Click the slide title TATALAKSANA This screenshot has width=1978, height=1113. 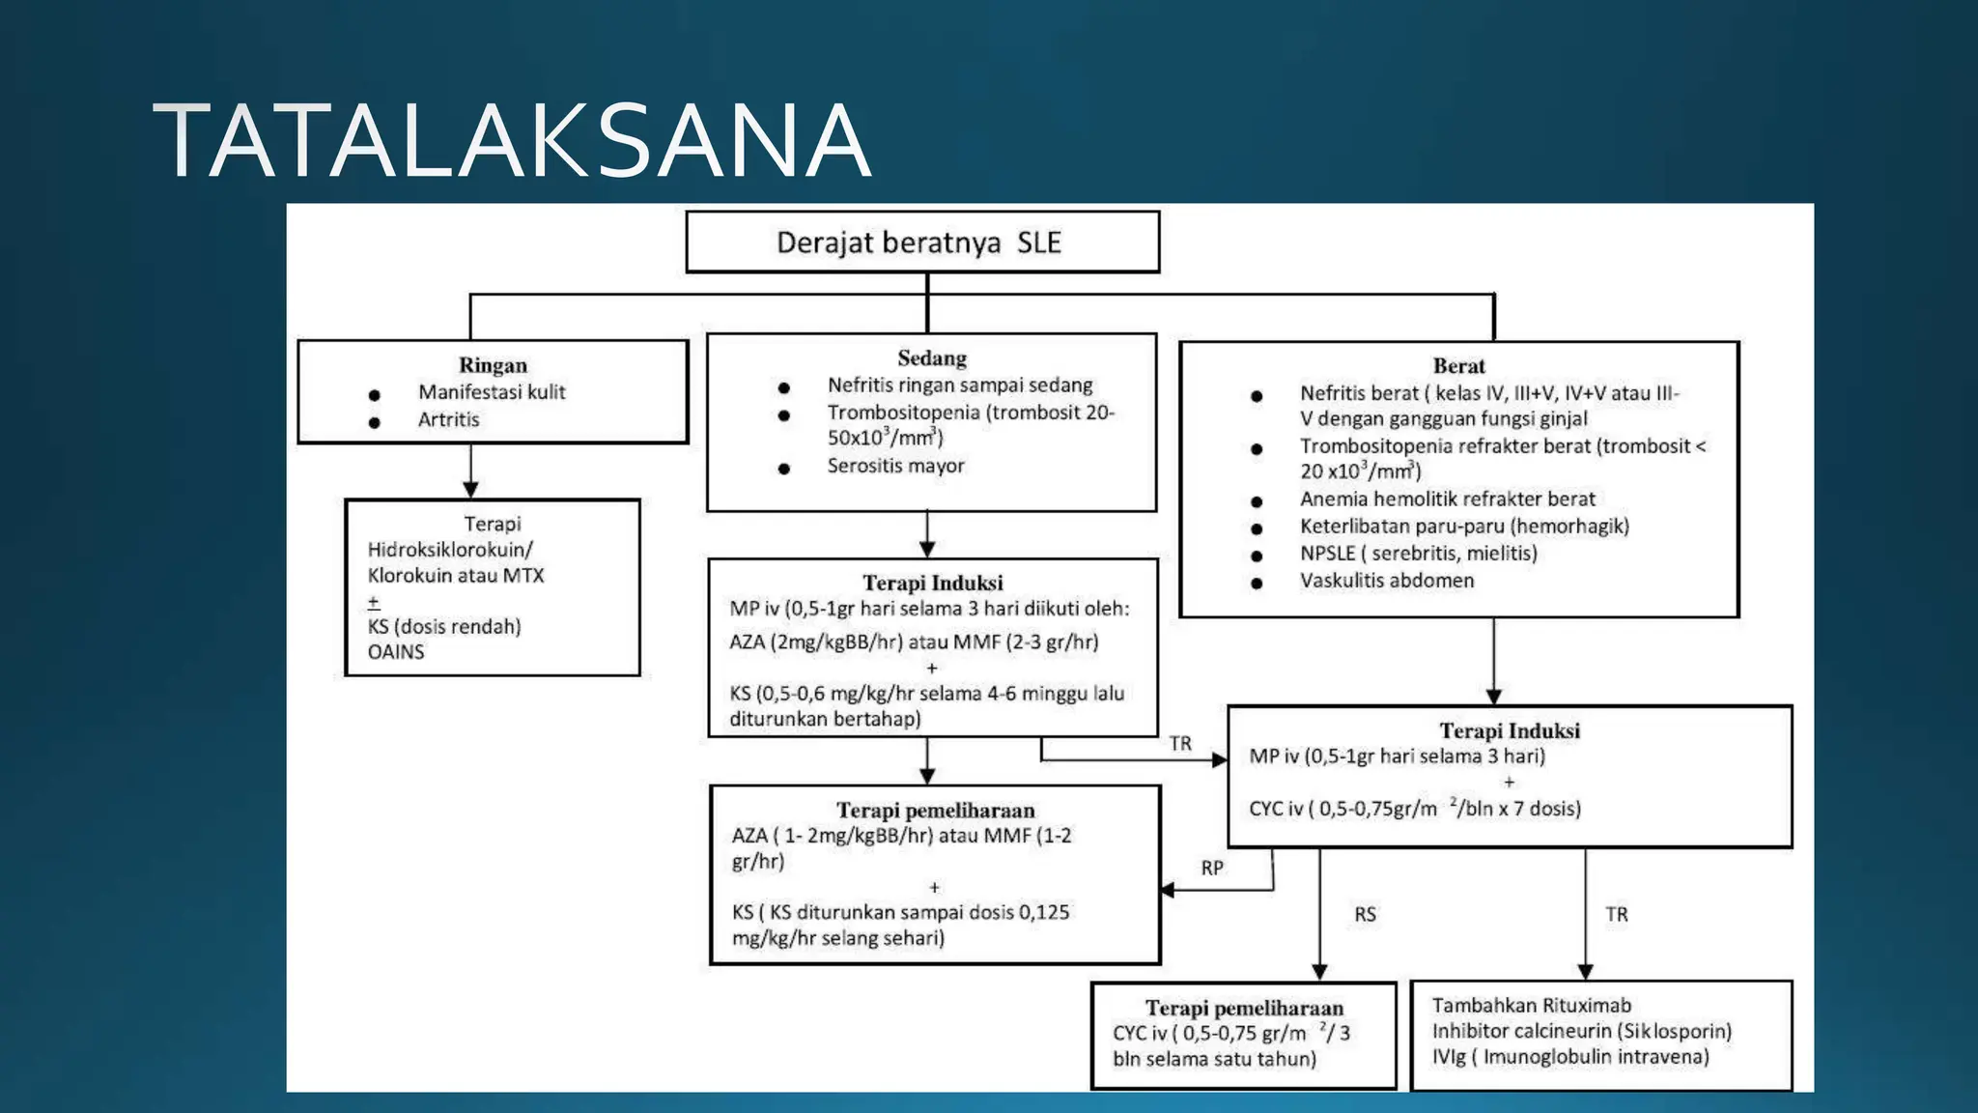[x=512, y=142]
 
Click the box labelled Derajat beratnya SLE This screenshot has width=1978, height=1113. [x=921, y=242]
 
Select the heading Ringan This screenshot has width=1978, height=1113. [x=493, y=365]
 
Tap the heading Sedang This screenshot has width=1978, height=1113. [x=931, y=358]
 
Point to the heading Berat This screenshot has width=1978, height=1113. [x=1458, y=366]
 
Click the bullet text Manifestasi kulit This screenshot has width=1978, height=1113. [x=492, y=392]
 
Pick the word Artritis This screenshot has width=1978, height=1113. [x=448, y=419]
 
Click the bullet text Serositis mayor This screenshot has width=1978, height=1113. [x=895, y=466]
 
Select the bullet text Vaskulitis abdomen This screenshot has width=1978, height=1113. [x=1386, y=581]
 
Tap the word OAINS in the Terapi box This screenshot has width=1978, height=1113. [x=396, y=652]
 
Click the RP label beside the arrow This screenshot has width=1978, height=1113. [x=1212, y=868]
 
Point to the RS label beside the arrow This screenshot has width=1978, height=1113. [x=1365, y=914]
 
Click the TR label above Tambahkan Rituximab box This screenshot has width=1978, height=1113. [x=1616, y=914]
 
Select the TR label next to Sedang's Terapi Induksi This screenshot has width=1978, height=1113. [x=1180, y=743]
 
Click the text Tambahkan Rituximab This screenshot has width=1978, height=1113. [x=1531, y=1006]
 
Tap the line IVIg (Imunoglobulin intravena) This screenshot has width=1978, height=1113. [x=1570, y=1057]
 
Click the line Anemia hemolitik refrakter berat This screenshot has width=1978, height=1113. [x=1447, y=499]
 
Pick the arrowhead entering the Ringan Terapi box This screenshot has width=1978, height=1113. [x=470, y=490]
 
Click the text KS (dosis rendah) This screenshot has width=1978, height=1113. [x=444, y=627]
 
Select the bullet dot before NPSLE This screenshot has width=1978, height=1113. [x=1257, y=556]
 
